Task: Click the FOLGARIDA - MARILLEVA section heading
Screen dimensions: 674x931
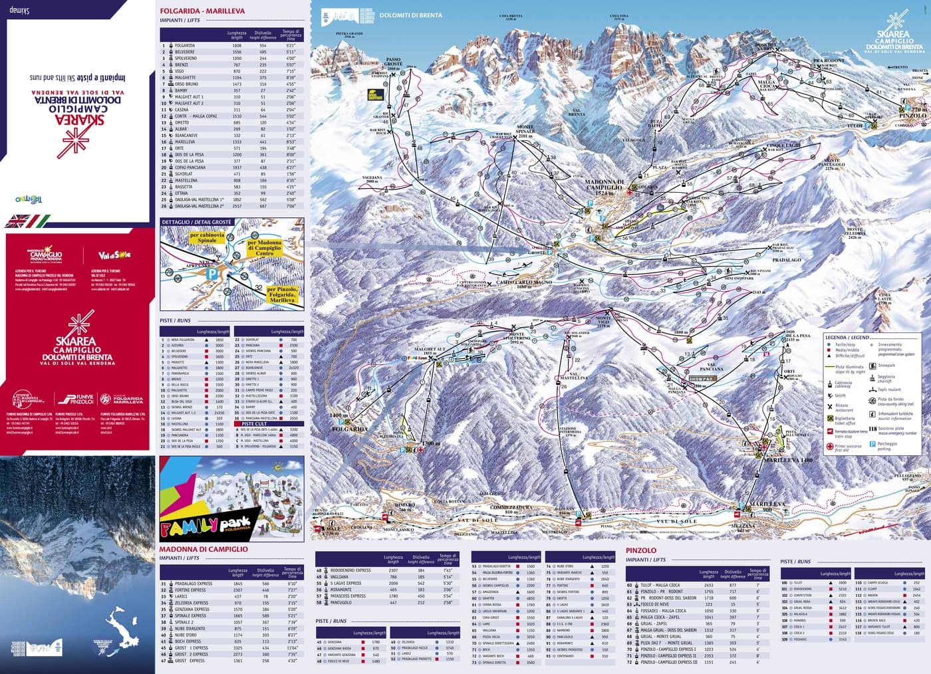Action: (202, 11)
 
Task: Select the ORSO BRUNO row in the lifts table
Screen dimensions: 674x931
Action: (186, 84)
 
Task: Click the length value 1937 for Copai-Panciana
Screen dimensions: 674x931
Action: (237, 168)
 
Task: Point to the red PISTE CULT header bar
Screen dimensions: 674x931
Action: (269, 423)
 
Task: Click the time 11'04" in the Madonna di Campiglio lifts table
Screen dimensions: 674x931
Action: (292, 647)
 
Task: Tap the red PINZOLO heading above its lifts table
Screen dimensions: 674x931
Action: (640, 550)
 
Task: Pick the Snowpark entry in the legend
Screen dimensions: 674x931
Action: (887, 365)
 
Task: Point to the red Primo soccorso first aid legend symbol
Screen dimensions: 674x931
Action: (830, 447)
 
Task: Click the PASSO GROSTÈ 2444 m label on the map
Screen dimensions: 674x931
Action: (393, 64)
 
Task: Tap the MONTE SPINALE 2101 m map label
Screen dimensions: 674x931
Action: (525, 131)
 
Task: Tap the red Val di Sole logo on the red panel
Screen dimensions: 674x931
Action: (114, 255)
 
